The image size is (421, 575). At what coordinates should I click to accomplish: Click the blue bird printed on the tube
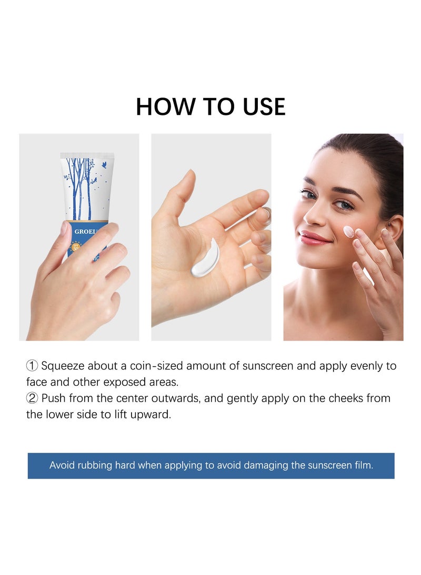click(x=104, y=165)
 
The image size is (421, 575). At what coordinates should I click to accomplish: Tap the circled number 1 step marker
click(x=32, y=366)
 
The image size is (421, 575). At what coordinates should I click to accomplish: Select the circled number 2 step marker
click(x=32, y=398)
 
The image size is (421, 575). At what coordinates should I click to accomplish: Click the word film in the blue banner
click(x=363, y=465)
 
